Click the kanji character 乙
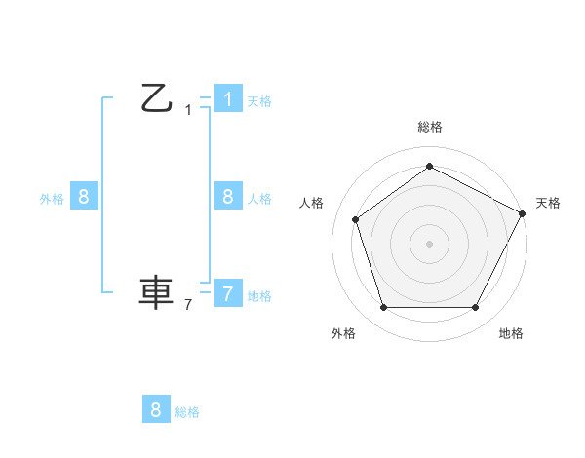pos(156,97)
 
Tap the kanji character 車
pos(156,292)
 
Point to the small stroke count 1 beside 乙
pos(188,110)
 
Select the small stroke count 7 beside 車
pos(188,305)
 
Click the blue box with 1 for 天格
pos(227,99)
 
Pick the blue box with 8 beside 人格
pos(227,197)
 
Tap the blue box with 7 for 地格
pos(227,293)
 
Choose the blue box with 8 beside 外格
pos(84,197)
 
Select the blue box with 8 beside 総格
pos(156,409)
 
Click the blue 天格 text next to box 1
pos(259,100)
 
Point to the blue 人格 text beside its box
pos(259,198)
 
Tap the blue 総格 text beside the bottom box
pos(187,412)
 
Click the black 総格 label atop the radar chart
pos(429,127)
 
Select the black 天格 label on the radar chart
pos(548,203)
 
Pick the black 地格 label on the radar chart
pos(511,333)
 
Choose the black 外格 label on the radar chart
pos(343,333)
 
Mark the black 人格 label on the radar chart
pos(312,203)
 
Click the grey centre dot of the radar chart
pos(429,243)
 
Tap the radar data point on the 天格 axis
pos(523,212)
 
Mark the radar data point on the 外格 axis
pos(383,308)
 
